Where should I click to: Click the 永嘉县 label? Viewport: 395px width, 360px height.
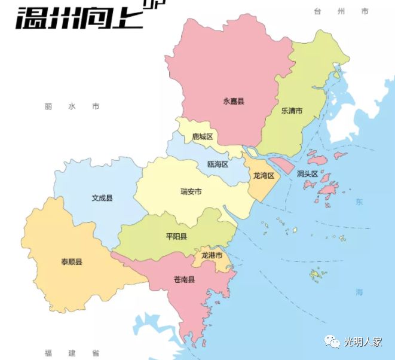(234, 102)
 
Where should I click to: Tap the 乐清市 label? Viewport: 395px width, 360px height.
(292, 111)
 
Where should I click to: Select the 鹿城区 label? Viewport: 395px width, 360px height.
(202, 137)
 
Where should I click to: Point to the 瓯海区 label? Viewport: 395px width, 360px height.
(218, 164)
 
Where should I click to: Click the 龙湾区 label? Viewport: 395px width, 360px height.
(263, 176)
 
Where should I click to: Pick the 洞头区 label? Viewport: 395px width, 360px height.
(307, 174)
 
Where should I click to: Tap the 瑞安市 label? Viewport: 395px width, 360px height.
(191, 192)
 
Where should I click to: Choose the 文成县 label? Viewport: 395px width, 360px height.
(102, 198)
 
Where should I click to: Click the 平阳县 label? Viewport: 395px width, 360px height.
(176, 237)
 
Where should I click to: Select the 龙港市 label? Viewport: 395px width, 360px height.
(212, 255)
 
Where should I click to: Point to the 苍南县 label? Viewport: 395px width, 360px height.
(184, 279)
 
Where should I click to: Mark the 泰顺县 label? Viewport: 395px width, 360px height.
(71, 262)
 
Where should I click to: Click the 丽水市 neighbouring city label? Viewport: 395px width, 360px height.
(71, 106)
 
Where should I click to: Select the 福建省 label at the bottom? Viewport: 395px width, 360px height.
(71, 353)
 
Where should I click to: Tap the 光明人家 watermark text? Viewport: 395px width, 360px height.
(363, 342)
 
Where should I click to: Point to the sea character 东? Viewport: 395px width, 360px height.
(359, 202)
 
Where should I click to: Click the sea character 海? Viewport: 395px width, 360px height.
(359, 292)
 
